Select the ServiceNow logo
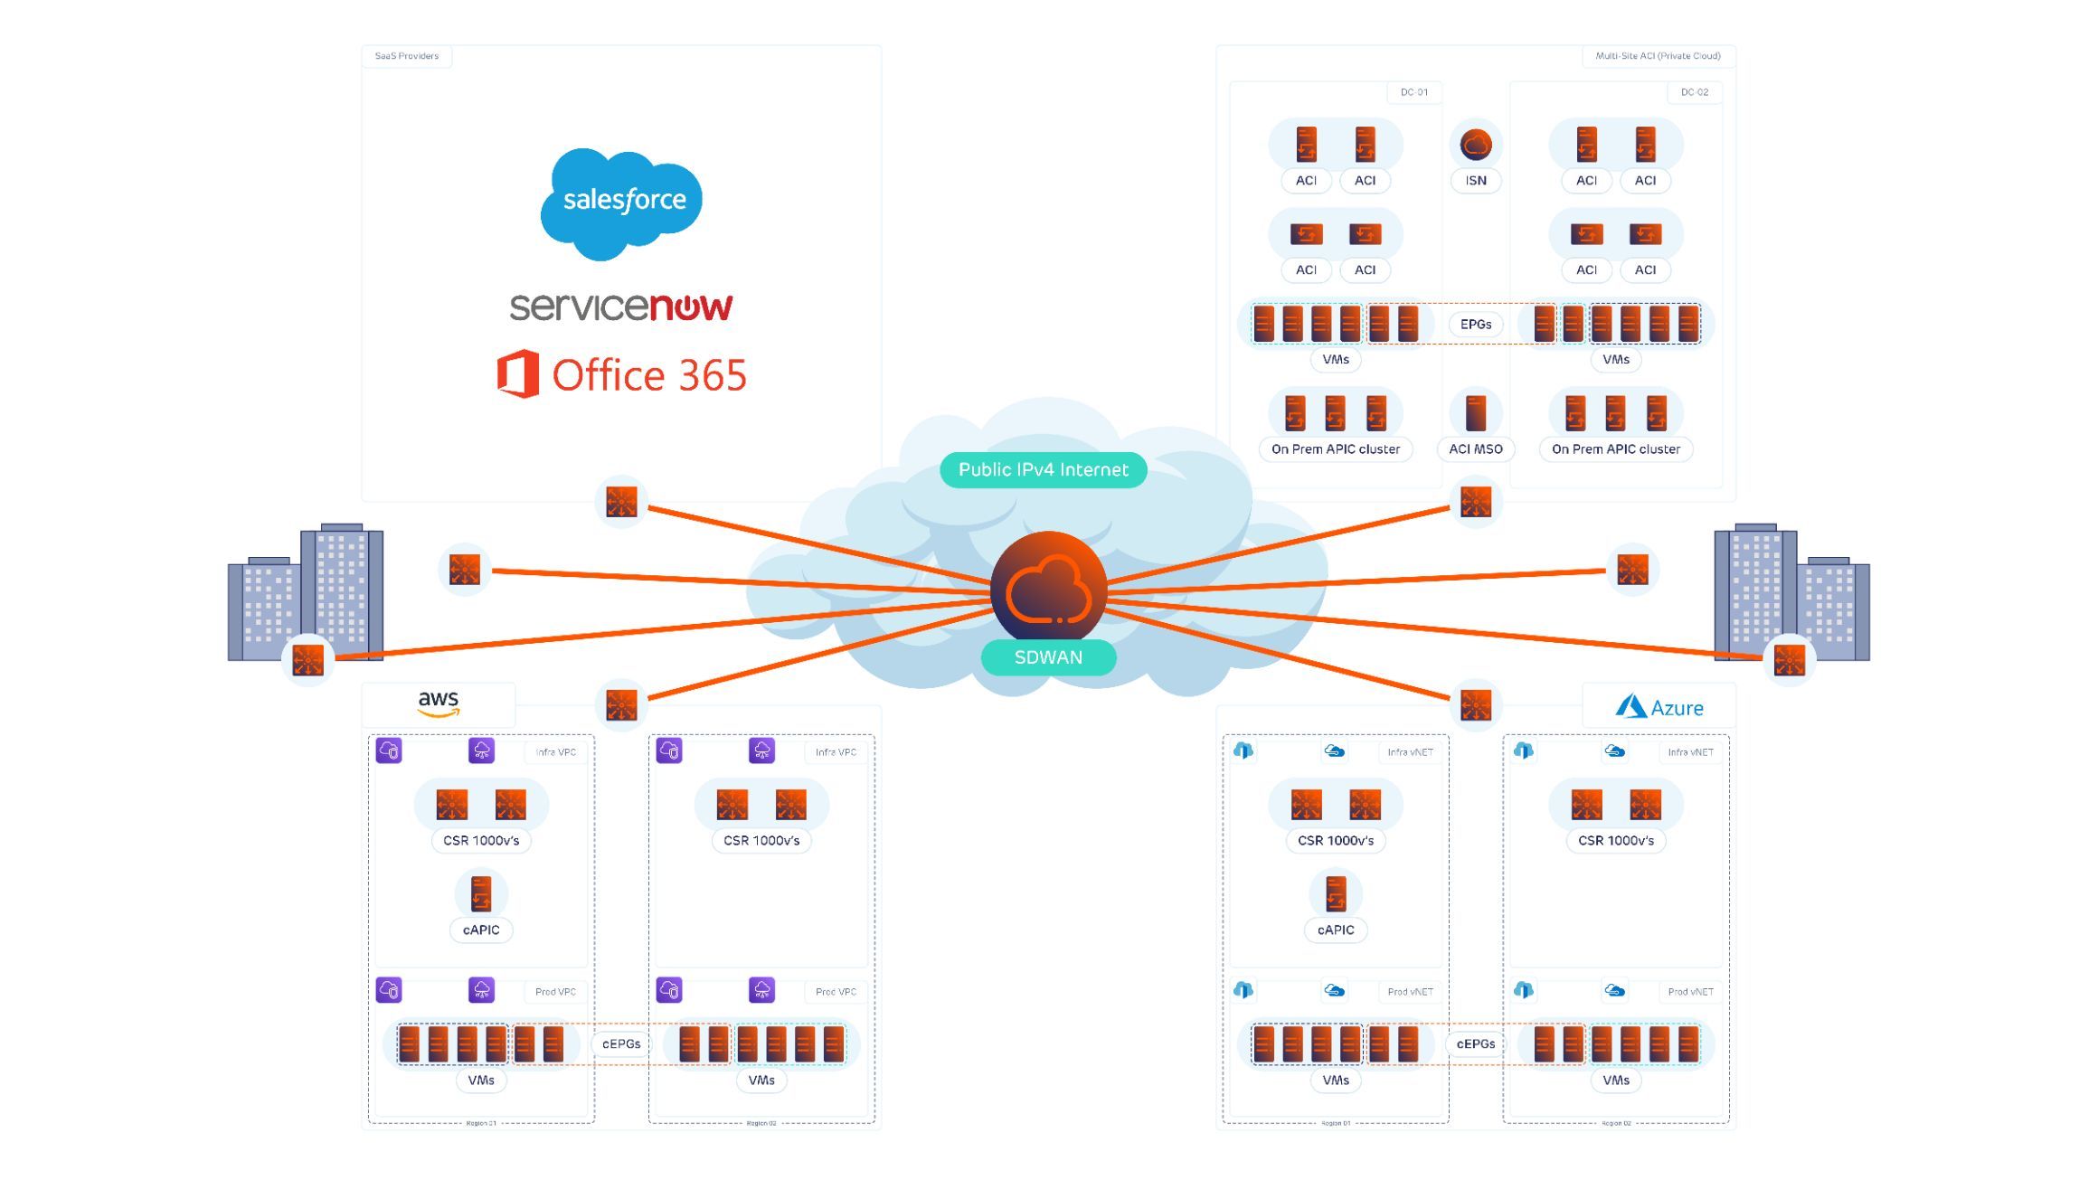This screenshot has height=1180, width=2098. coord(621,307)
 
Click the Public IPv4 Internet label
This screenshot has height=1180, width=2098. coord(1044,470)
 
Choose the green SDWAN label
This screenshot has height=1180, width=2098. coord(1048,657)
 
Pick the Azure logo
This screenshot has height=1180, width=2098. coord(1659,707)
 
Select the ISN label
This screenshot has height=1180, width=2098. coord(1476,181)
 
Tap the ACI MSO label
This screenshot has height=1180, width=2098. coord(1476,449)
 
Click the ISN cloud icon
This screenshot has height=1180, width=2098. coord(1476,145)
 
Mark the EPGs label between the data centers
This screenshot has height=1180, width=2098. coord(1476,325)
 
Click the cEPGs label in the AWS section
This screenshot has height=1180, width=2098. coord(621,1044)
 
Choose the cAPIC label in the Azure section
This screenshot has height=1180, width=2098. coord(1336,930)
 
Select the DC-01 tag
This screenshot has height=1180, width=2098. coord(1414,92)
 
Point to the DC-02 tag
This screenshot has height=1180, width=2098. coord(1695,92)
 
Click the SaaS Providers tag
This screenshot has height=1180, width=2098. coord(407,56)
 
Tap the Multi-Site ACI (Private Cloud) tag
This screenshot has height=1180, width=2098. coord(1658,56)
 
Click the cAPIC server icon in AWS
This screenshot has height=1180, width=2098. coord(481,893)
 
